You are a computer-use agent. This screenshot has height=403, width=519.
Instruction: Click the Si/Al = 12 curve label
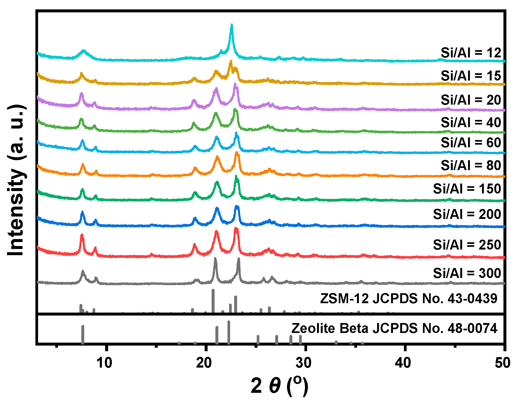(x=471, y=53)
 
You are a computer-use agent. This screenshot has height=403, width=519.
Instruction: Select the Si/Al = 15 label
(x=471, y=76)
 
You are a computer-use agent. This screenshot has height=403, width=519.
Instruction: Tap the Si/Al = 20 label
(x=471, y=100)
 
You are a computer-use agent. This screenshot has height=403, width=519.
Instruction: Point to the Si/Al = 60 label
(x=471, y=142)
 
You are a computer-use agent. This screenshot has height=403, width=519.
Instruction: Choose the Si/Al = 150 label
(x=467, y=189)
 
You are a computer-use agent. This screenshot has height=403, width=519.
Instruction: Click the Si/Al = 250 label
(x=467, y=245)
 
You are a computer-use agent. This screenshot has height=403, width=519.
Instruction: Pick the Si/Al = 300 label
(x=467, y=273)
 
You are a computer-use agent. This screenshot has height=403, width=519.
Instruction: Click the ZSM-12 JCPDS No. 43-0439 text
(x=408, y=298)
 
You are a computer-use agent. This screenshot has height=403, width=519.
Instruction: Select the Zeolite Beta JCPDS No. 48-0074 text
(x=394, y=328)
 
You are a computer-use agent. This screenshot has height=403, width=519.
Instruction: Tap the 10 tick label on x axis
(x=104, y=363)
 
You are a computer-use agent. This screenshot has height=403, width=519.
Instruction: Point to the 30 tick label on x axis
(x=304, y=363)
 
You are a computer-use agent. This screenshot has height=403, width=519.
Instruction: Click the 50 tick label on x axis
(x=502, y=363)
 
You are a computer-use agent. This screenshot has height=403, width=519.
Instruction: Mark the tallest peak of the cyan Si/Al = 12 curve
(x=232, y=25)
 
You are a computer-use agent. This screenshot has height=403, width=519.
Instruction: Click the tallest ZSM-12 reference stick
(x=213, y=301)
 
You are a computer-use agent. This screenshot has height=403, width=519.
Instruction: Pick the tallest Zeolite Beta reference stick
(x=229, y=332)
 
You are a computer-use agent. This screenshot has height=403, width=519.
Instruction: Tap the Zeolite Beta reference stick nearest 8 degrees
(x=83, y=334)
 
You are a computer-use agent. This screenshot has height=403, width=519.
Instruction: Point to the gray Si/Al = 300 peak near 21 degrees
(x=215, y=258)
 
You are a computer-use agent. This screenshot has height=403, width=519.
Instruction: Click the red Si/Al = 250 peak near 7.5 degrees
(x=82, y=235)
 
